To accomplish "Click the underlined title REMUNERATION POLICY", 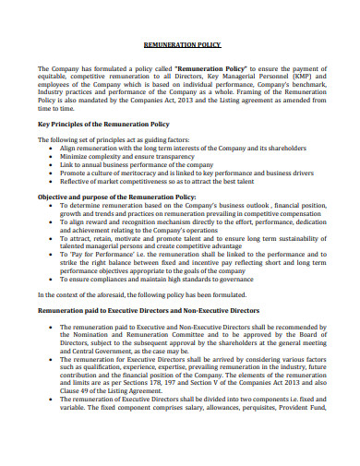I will tap(181, 43).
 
